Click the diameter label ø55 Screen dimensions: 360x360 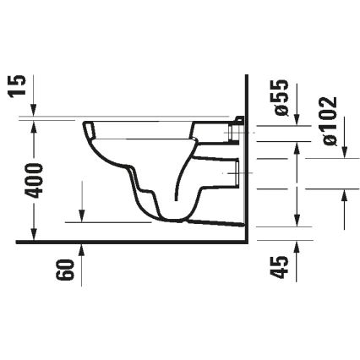(x=282, y=95)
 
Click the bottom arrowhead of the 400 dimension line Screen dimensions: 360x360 (x=34, y=235)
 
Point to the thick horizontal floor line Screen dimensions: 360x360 (x=127, y=241)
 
